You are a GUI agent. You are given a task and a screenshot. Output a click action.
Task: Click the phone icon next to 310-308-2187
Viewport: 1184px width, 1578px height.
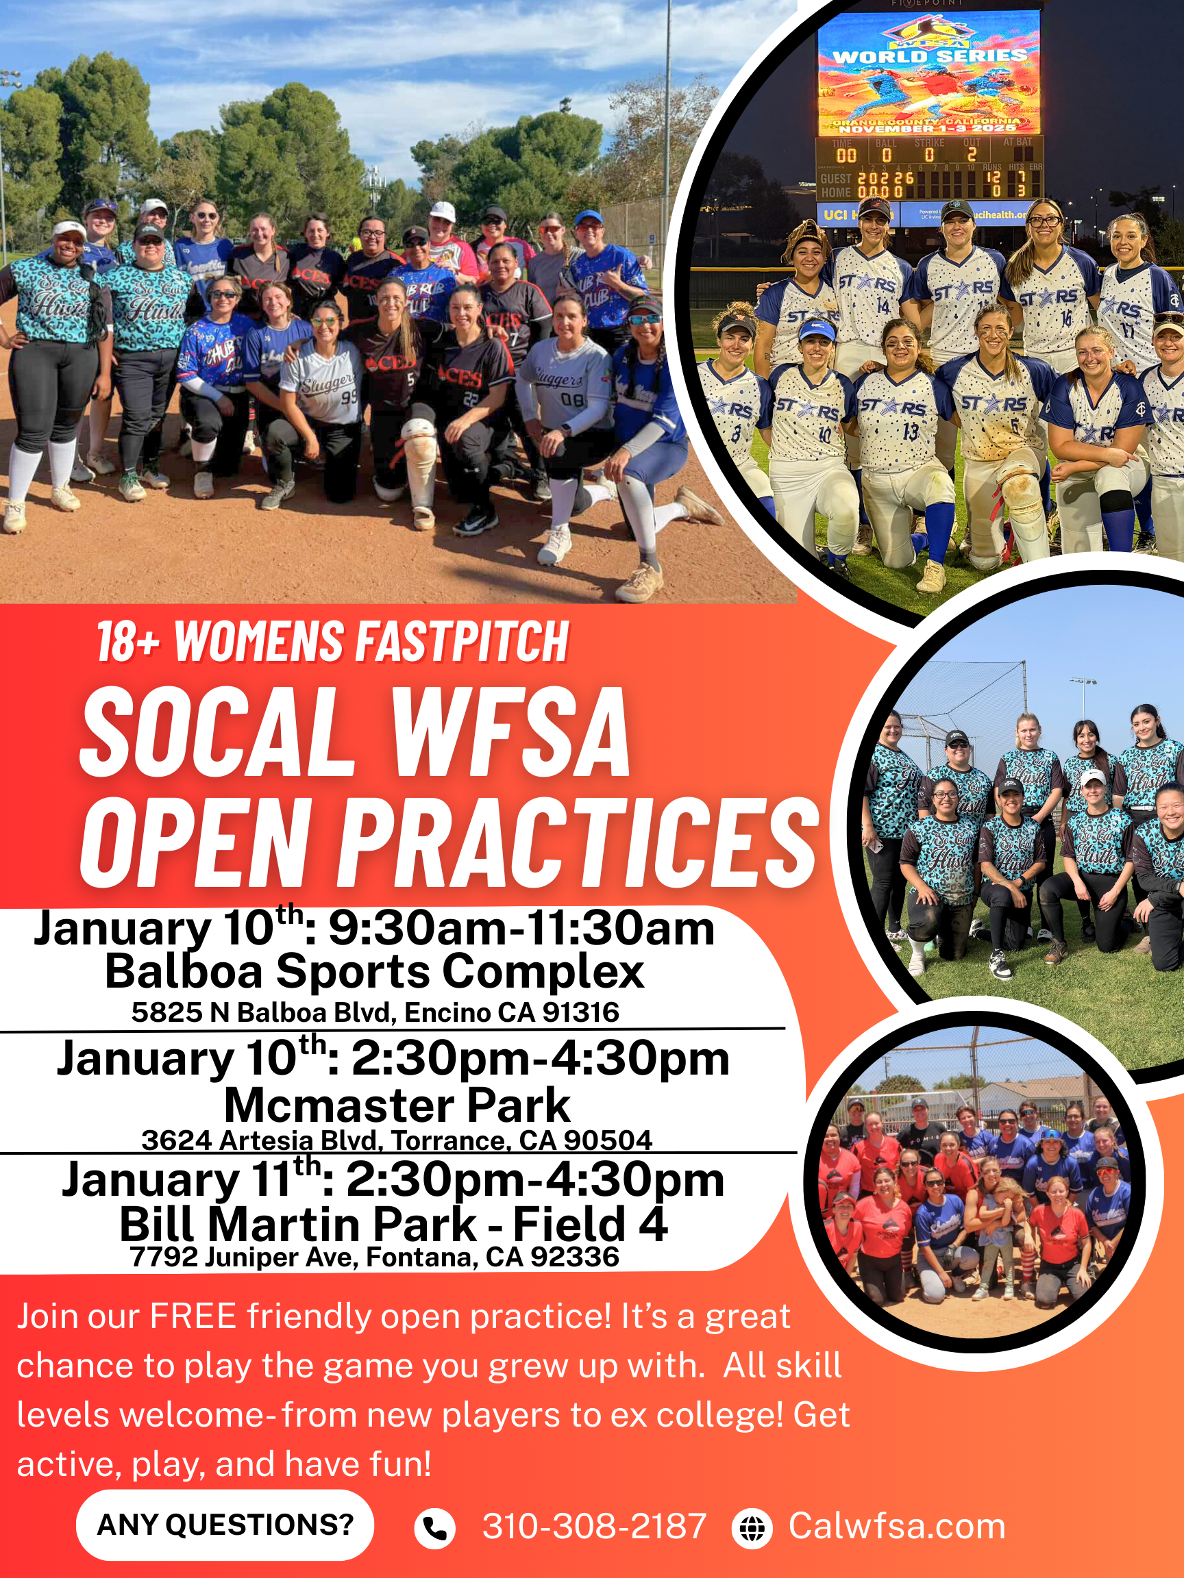click(434, 1529)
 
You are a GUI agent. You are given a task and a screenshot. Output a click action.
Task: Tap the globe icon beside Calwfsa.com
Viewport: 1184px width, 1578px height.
click(752, 1529)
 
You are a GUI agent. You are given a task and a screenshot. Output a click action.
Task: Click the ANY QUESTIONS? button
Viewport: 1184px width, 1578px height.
click(225, 1525)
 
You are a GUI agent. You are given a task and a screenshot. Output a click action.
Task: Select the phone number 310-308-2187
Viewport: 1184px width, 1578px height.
click(594, 1527)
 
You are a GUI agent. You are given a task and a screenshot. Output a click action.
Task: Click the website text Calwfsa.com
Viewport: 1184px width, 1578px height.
click(897, 1527)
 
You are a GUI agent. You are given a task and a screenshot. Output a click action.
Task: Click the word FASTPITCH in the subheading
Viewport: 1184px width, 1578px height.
click(462, 641)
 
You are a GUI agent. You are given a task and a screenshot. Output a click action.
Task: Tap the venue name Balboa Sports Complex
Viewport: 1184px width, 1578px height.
click(375, 972)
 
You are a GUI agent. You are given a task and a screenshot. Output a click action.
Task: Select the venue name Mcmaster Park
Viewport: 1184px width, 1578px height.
click(397, 1105)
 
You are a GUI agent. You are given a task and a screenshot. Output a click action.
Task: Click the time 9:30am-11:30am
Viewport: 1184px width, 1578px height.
click(521, 929)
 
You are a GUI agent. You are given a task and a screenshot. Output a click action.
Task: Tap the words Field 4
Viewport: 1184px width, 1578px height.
click(590, 1224)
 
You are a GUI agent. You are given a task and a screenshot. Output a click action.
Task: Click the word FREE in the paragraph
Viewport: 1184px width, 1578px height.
click(193, 1316)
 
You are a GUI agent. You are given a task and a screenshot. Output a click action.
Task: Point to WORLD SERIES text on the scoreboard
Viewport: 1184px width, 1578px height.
click(930, 55)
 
